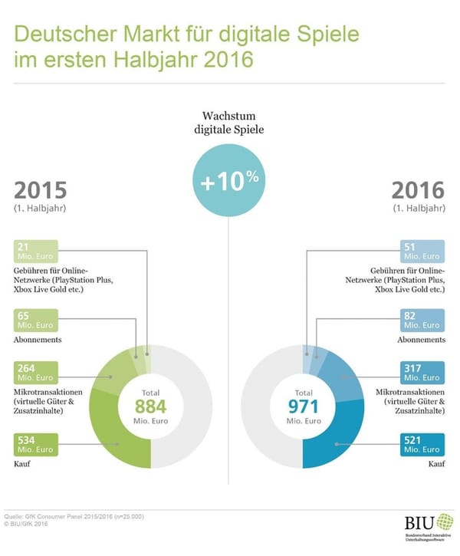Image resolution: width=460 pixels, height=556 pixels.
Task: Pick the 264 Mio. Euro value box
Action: point(34,372)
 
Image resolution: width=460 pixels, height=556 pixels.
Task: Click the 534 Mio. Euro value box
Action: point(34,444)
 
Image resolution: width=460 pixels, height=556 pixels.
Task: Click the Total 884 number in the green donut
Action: point(150,406)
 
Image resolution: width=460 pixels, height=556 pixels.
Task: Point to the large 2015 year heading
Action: point(41,189)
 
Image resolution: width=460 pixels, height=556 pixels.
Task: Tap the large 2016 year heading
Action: point(418,189)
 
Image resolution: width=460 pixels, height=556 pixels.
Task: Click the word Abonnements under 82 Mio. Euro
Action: point(420,339)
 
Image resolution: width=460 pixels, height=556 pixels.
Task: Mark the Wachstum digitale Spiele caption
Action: point(229,123)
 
